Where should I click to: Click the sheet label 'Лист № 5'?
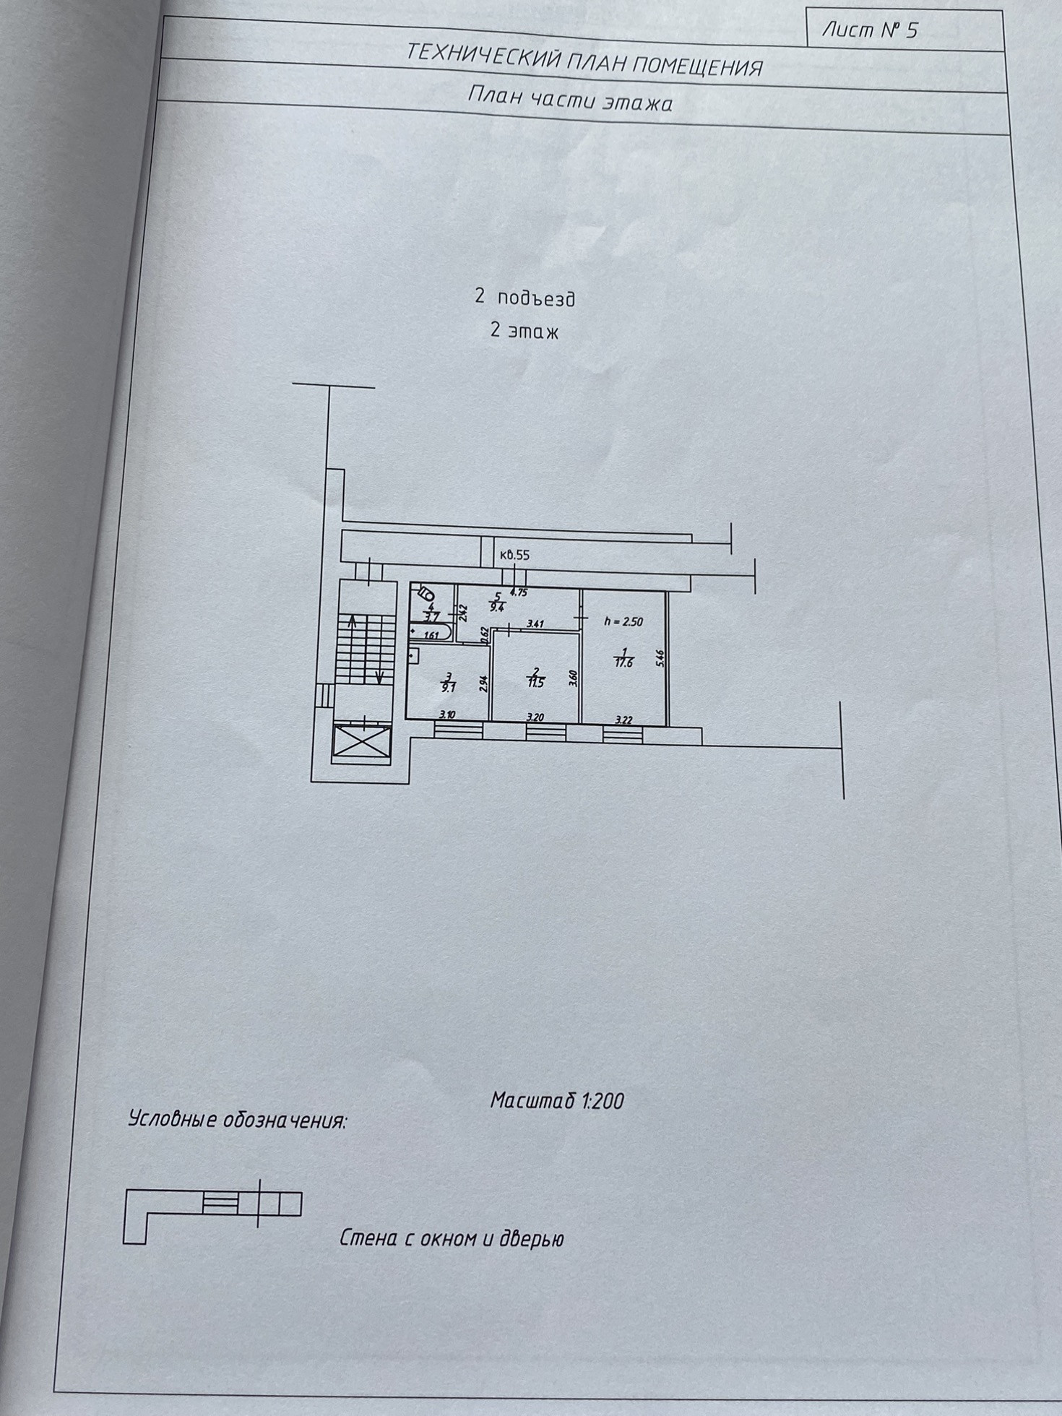870,30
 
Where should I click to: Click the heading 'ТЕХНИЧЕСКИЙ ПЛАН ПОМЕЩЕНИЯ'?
584,60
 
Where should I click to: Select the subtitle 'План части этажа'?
570,99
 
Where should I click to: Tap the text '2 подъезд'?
525,298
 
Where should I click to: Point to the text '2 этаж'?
524,331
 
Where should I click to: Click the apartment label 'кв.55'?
514,555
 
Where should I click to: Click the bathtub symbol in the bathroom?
431,634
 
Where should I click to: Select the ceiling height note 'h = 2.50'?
623,621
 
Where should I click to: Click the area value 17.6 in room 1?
623,662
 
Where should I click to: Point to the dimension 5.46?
658,659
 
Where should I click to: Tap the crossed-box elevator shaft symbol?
361,743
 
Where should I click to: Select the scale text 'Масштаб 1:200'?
556,1100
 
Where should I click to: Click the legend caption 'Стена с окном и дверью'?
451,1238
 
